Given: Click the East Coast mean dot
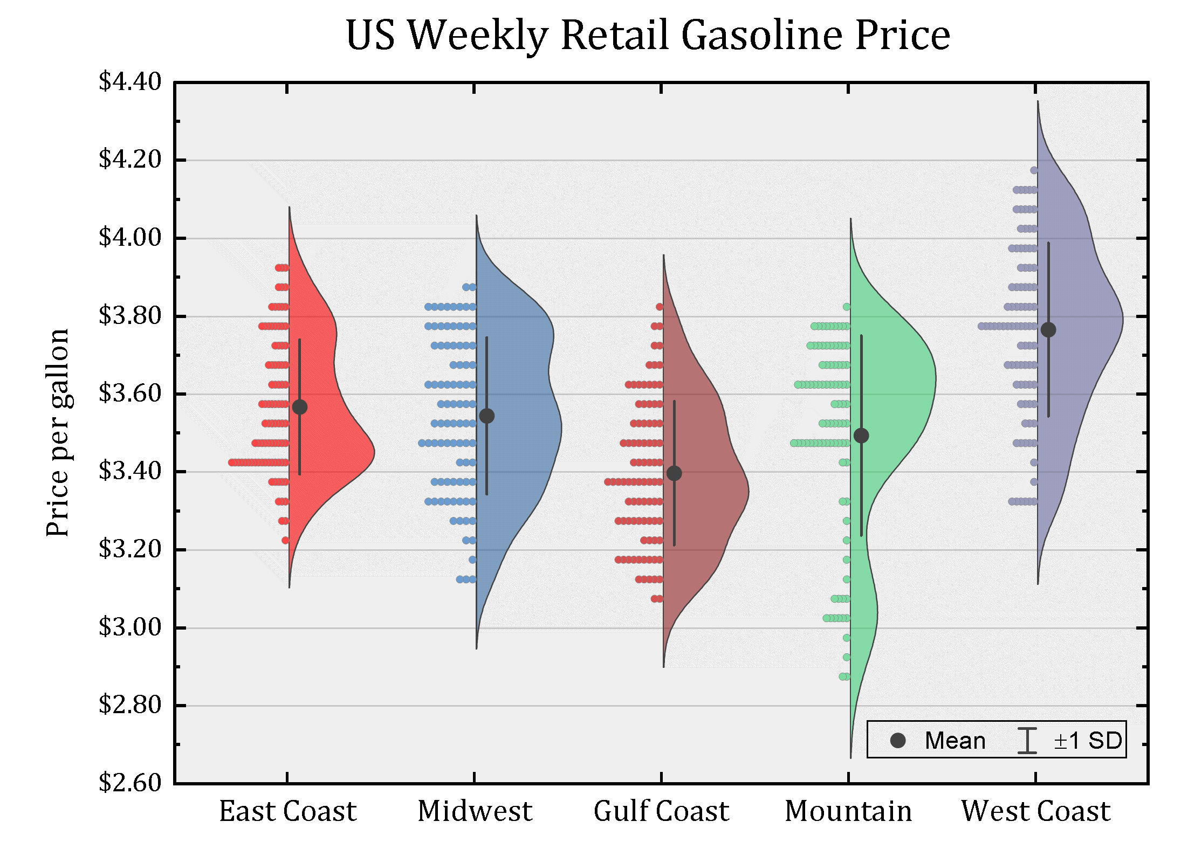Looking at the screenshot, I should (300, 407).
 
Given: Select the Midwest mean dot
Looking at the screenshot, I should (487, 416).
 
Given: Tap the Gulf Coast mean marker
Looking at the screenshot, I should (674, 473).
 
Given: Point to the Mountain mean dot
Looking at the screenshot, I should (861, 436).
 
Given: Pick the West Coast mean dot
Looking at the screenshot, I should (1048, 330).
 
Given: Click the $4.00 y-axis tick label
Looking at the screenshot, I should (130, 237).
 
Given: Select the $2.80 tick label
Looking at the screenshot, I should (130, 705).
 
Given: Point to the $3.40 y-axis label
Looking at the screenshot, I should (130, 471).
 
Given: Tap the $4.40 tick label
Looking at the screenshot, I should (130, 82).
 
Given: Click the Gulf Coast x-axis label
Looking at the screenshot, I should (661, 811).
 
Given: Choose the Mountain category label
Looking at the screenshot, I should (848, 811).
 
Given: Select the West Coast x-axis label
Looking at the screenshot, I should (1035, 811).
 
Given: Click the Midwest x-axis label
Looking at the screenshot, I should (475, 811).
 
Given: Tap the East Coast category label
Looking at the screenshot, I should (287, 811).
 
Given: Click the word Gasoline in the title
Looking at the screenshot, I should (761, 36).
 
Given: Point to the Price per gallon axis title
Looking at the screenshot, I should (58, 432).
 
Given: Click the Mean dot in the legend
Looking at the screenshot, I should (898, 741).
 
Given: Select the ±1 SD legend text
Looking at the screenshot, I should (1088, 741).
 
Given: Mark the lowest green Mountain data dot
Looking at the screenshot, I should (844, 677).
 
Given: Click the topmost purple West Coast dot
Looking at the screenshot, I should (1034, 170).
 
